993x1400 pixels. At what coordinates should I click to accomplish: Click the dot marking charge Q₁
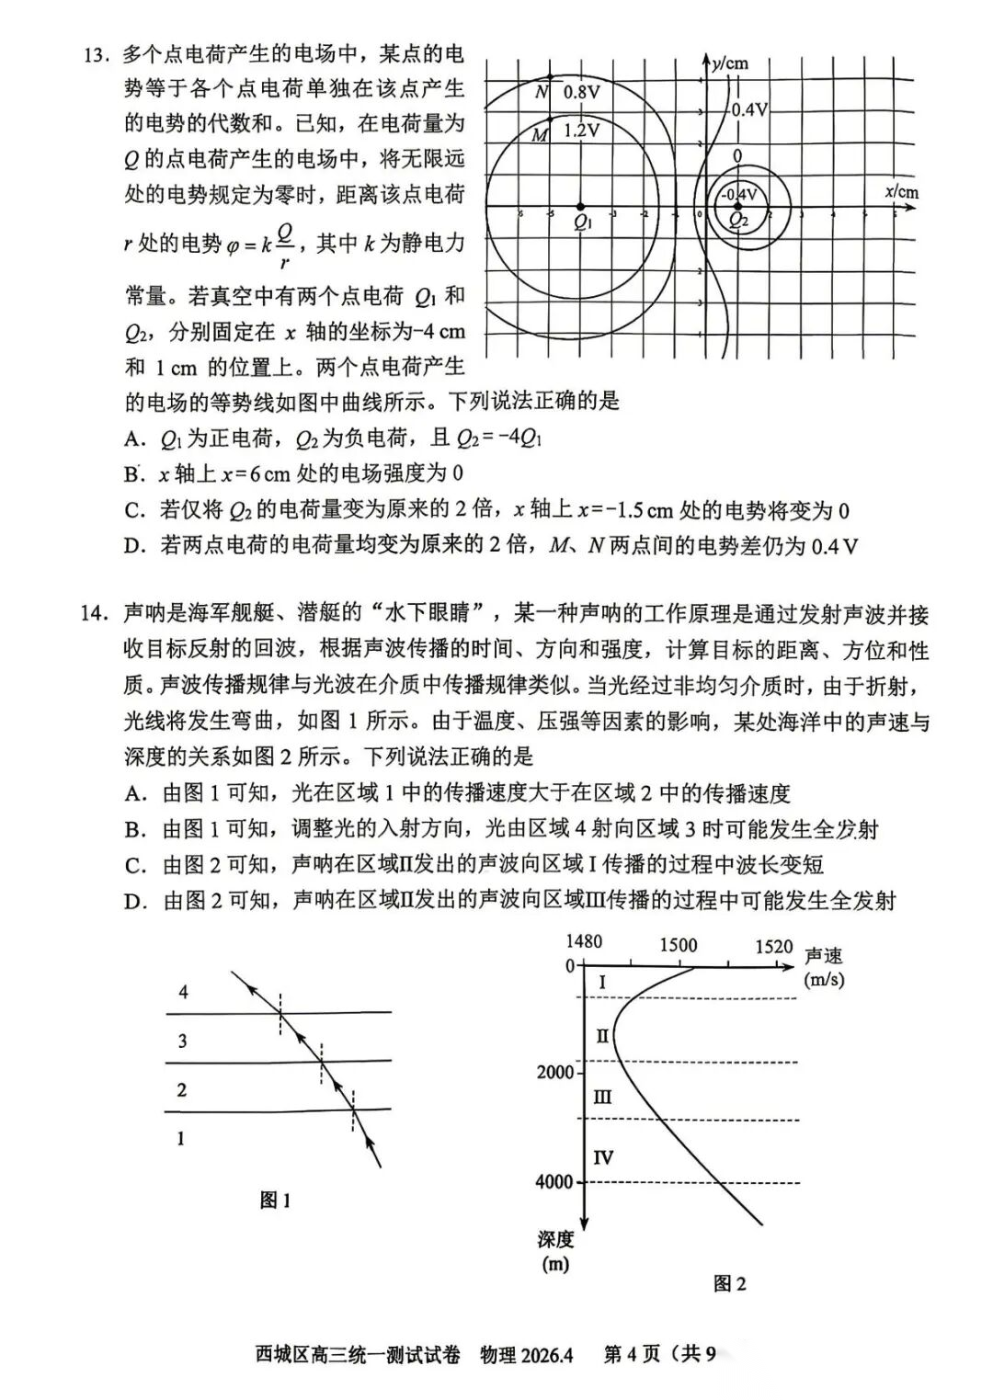click(x=580, y=207)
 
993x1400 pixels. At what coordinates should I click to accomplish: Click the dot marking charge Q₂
click(x=736, y=208)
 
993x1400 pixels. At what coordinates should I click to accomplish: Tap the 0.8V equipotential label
click(x=581, y=92)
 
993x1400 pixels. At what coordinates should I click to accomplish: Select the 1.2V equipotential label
click(x=581, y=131)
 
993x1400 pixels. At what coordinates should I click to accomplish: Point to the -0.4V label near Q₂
click(x=738, y=194)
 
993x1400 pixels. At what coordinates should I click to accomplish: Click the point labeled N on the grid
click(x=550, y=77)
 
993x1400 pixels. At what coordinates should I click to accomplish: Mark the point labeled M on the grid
click(x=550, y=119)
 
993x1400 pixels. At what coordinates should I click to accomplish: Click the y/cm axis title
click(x=731, y=63)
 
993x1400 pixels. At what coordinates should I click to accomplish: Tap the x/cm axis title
click(x=901, y=192)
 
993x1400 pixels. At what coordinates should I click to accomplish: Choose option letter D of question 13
click(x=135, y=546)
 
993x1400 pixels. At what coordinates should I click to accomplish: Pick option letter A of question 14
click(x=136, y=793)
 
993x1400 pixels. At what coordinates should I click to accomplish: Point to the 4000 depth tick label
click(x=554, y=1182)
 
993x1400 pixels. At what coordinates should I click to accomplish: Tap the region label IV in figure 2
click(x=602, y=1157)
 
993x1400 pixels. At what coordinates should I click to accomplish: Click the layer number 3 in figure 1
click(x=182, y=1041)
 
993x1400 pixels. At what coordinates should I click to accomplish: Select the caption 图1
click(x=275, y=1200)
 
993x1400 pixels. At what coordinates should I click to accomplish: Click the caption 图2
click(x=729, y=1283)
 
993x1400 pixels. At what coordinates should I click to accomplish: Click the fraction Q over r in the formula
click(x=286, y=245)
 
